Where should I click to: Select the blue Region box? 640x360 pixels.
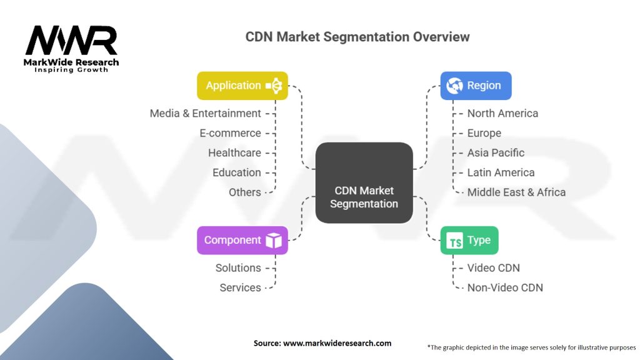click(x=476, y=86)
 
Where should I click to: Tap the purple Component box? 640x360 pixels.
click(x=242, y=240)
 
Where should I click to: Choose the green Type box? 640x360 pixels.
click(x=469, y=240)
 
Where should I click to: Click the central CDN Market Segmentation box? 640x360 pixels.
click(x=364, y=182)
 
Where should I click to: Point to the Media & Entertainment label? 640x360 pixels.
click(x=205, y=113)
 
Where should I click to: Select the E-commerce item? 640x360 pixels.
click(x=230, y=133)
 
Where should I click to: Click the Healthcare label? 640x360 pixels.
click(x=234, y=152)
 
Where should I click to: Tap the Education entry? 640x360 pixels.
click(x=236, y=172)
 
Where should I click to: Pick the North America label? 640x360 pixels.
click(x=502, y=113)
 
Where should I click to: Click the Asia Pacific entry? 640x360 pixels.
click(x=496, y=152)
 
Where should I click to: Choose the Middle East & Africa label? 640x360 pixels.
click(x=516, y=192)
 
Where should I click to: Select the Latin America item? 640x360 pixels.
click(x=501, y=172)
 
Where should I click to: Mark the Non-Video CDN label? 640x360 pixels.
click(x=505, y=287)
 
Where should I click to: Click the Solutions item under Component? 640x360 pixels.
click(x=238, y=267)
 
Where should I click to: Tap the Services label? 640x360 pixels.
click(x=240, y=287)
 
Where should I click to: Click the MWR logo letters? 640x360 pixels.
click(x=71, y=41)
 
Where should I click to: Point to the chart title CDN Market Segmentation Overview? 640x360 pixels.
click(x=357, y=36)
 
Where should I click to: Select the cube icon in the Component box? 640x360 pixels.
click(x=273, y=241)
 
